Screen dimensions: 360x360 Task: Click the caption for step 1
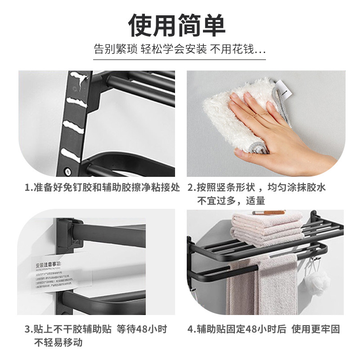click(102, 188)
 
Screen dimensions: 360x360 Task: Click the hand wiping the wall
click(274, 130)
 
